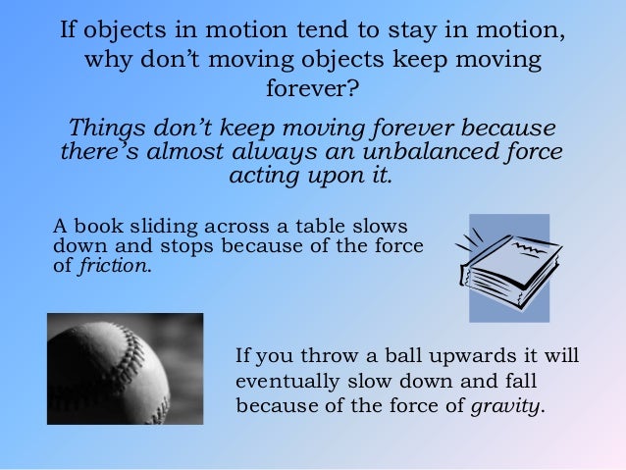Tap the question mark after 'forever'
(354, 90)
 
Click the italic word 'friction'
(115, 265)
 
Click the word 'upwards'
(463, 354)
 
